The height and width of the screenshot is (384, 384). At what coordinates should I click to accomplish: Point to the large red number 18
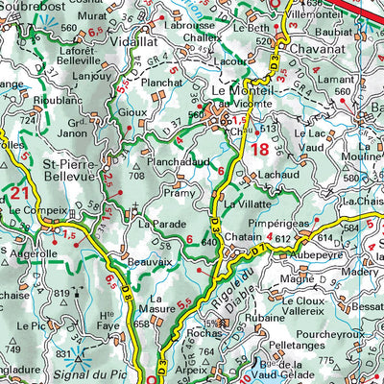point(261,149)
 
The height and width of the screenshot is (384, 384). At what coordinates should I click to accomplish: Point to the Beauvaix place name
point(151,261)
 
